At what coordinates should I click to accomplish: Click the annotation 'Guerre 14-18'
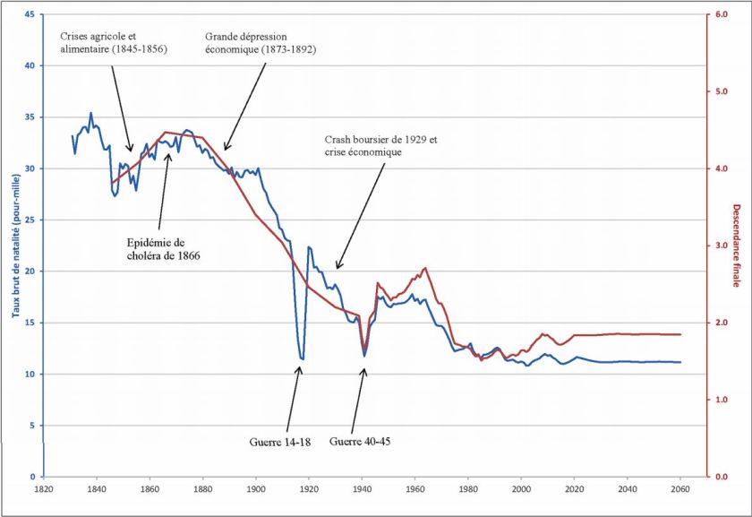tap(280, 441)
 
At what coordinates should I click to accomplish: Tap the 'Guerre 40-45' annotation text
tap(361, 441)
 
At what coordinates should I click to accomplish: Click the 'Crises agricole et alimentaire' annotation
tap(115, 42)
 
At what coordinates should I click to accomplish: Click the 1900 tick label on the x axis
tap(256, 489)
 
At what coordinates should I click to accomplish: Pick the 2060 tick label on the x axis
tap(680, 489)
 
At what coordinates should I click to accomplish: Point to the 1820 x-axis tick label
tap(43, 489)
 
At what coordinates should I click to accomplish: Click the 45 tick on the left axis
tap(31, 14)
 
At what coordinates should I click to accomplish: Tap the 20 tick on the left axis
tap(31, 271)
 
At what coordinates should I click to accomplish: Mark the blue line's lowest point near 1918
tap(303, 358)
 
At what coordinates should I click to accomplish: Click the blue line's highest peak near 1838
tap(90, 114)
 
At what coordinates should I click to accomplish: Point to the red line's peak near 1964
tap(425, 268)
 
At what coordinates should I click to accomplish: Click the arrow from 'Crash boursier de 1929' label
tap(359, 215)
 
